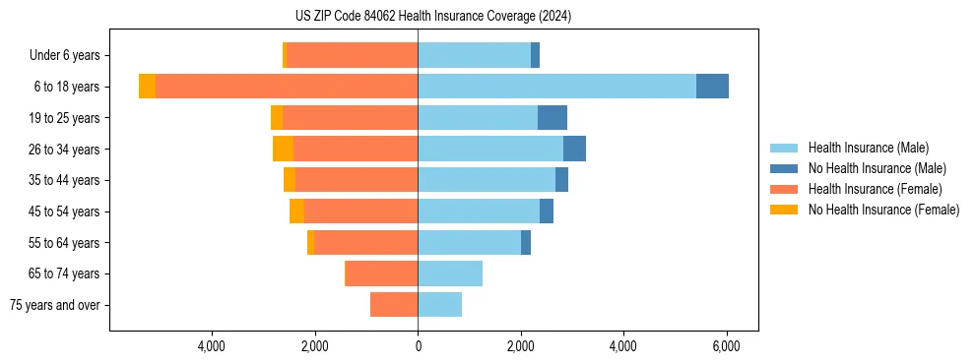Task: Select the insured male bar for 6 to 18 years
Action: point(556,87)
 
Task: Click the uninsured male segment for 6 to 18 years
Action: point(712,87)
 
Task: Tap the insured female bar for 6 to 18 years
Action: point(287,87)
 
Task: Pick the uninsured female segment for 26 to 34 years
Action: point(283,149)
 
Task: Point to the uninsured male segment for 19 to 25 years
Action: point(552,118)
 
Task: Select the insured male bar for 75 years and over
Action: point(439,305)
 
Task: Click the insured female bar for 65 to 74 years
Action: point(382,273)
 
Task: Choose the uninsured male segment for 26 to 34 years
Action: point(574,149)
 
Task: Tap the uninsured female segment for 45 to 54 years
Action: point(296,212)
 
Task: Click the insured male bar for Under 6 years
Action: point(474,55)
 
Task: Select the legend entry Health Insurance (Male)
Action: point(868,148)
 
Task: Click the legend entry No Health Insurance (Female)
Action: point(883,210)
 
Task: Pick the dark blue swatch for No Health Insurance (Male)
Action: point(784,168)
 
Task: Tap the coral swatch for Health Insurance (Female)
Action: point(784,189)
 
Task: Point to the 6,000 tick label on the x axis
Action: point(726,346)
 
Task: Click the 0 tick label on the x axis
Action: point(418,346)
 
